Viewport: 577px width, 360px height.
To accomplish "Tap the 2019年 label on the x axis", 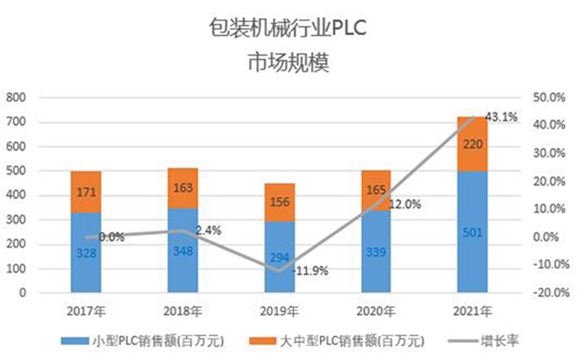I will (279, 311).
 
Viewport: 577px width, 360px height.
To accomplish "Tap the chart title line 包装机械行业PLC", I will (288, 29).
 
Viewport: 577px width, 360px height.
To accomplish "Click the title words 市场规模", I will (288, 63).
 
